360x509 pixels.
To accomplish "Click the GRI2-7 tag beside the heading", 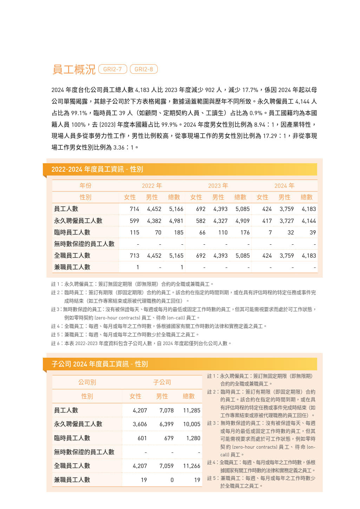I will (x=112, y=69).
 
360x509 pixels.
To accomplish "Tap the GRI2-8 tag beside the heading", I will (x=144, y=69).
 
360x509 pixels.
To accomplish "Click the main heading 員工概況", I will (x=74, y=69).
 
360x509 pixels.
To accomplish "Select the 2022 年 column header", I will (x=152, y=186).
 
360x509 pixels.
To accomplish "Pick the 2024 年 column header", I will (x=284, y=186).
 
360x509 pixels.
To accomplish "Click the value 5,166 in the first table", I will (x=176, y=209).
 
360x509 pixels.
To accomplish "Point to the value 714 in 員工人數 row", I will (x=134, y=209).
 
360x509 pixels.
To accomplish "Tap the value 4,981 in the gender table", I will (x=176, y=221).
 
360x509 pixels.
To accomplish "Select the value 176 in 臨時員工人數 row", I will (x=245, y=232).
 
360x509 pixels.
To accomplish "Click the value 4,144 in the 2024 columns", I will (x=309, y=221).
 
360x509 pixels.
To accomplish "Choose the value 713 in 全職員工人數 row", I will (x=134, y=256).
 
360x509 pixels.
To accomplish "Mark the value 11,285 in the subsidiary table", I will (x=191, y=410).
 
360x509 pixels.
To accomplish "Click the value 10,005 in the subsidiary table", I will (x=191, y=424).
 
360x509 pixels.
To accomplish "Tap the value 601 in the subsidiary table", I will (x=142, y=438).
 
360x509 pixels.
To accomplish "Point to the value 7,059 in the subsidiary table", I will (x=166, y=466).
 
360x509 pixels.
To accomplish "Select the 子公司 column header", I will (x=162, y=382).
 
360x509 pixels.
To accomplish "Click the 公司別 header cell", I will (x=87, y=382).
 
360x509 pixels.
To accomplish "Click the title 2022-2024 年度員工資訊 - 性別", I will (x=97, y=169).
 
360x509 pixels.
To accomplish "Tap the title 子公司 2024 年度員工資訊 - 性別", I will (x=99, y=364).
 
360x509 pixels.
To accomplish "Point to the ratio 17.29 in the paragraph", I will (x=270, y=136).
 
